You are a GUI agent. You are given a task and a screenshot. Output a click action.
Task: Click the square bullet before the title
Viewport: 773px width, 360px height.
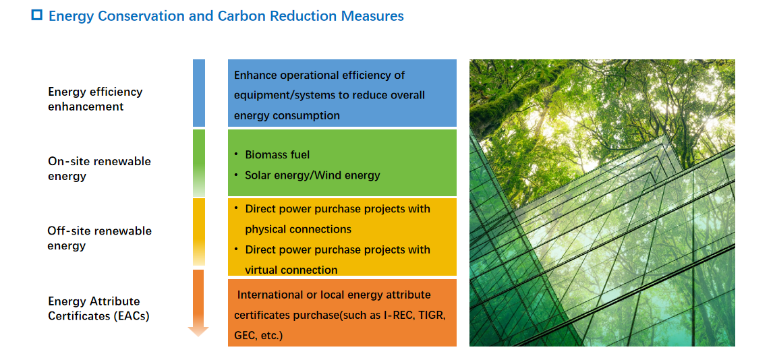pyautogui.click(x=37, y=16)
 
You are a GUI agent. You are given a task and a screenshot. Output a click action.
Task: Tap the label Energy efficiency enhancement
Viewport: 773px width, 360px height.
pyautogui.click(x=95, y=99)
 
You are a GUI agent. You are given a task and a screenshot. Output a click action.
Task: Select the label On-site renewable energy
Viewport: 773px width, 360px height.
pyautogui.click(x=100, y=169)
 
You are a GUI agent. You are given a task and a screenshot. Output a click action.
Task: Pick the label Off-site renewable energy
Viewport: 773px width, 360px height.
pyautogui.click(x=100, y=238)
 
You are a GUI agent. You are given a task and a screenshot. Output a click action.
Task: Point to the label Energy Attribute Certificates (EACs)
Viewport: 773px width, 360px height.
pyautogui.click(x=98, y=309)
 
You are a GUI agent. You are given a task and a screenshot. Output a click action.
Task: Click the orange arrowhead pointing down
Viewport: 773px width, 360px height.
pyautogui.click(x=198, y=332)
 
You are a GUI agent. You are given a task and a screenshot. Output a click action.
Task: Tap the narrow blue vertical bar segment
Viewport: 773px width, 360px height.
pyautogui.click(x=199, y=93)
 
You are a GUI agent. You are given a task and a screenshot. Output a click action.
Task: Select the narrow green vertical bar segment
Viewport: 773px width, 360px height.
pyautogui.click(x=199, y=163)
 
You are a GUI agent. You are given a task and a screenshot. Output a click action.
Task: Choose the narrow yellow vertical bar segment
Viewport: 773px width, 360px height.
pyautogui.click(x=199, y=232)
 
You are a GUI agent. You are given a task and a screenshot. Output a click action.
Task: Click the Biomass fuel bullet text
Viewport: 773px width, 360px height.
pyautogui.click(x=277, y=154)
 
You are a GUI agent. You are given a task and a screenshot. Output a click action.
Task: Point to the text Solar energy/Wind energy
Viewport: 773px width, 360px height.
pyautogui.click(x=312, y=175)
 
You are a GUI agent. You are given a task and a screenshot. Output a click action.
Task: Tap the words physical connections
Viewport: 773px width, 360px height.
pyautogui.click(x=298, y=229)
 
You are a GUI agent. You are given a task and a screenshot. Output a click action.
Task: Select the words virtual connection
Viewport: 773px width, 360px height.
pyautogui.click(x=291, y=270)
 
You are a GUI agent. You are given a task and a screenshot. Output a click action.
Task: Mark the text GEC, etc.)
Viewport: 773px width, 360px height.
pyautogui.click(x=258, y=336)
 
